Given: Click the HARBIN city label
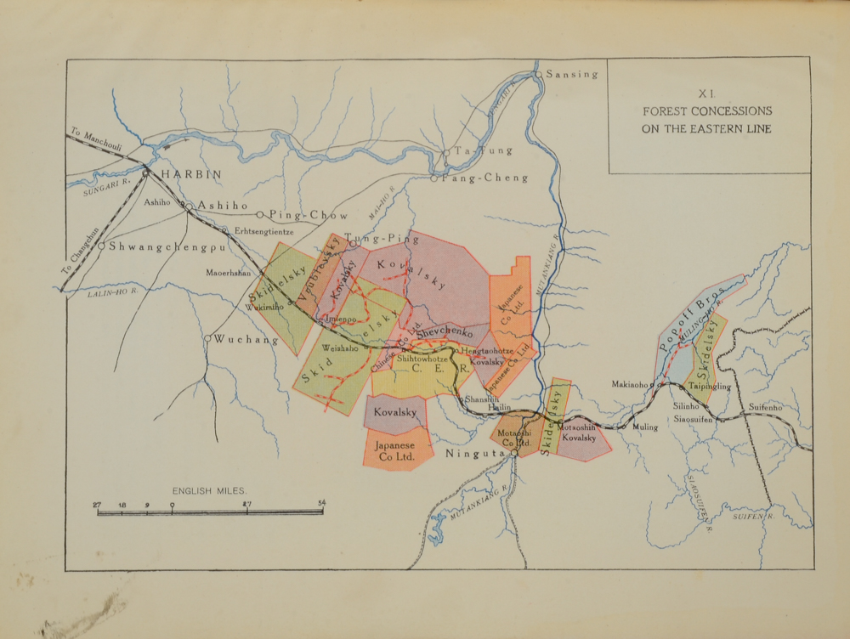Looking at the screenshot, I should tap(191, 174).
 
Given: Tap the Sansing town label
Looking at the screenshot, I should tap(572, 75).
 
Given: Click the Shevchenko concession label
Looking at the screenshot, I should tap(443, 333).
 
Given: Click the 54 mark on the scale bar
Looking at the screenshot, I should tap(321, 504).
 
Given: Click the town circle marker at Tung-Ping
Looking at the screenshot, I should tap(353, 243).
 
